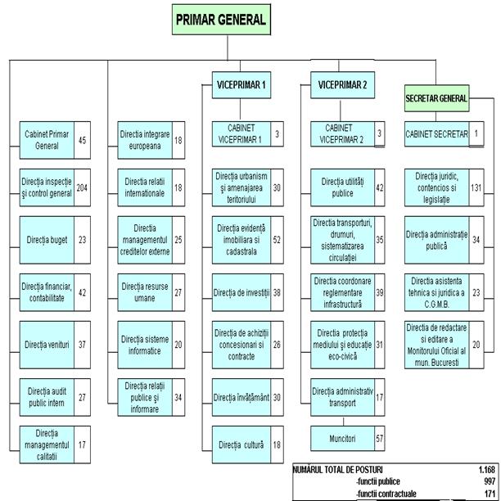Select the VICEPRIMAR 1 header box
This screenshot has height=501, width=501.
pyautogui.click(x=240, y=85)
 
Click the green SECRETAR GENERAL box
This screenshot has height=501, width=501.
pyautogui.click(x=436, y=98)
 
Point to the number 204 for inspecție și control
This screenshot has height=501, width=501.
pyautogui.click(x=82, y=187)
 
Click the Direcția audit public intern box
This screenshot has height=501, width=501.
pyautogui.click(x=47, y=398)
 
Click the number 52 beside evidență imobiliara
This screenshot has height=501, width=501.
pyautogui.click(x=277, y=239)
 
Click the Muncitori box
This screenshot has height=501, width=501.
pyautogui.click(x=337, y=439)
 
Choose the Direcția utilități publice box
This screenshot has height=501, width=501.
pyautogui.click(x=337, y=187)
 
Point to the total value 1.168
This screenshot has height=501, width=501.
pyautogui.click(x=486, y=470)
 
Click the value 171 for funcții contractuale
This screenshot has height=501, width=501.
pyautogui.click(x=490, y=494)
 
